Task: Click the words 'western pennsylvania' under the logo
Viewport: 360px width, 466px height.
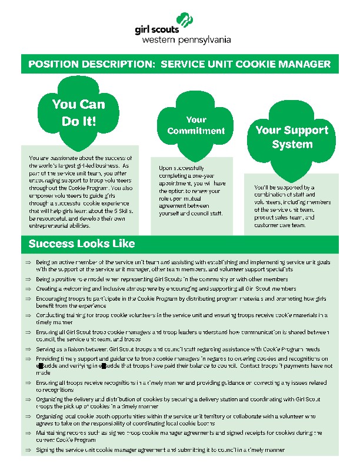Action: click(x=186, y=40)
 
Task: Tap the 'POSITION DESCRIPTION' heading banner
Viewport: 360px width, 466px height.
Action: click(x=179, y=64)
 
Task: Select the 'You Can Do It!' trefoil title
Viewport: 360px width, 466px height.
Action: click(x=78, y=112)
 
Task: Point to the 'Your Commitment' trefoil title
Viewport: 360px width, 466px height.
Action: click(x=196, y=125)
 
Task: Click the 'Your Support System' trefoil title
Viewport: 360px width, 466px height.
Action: click(x=292, y=137)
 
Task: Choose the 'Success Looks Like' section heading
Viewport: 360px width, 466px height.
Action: click(x=82, y=244)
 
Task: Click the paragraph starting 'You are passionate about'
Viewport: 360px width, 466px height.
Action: click(x=81, y=191)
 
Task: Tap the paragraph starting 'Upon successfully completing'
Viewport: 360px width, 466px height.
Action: click(x=192, y=191)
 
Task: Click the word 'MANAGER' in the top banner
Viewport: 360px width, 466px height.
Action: click(x=301, y=64)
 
